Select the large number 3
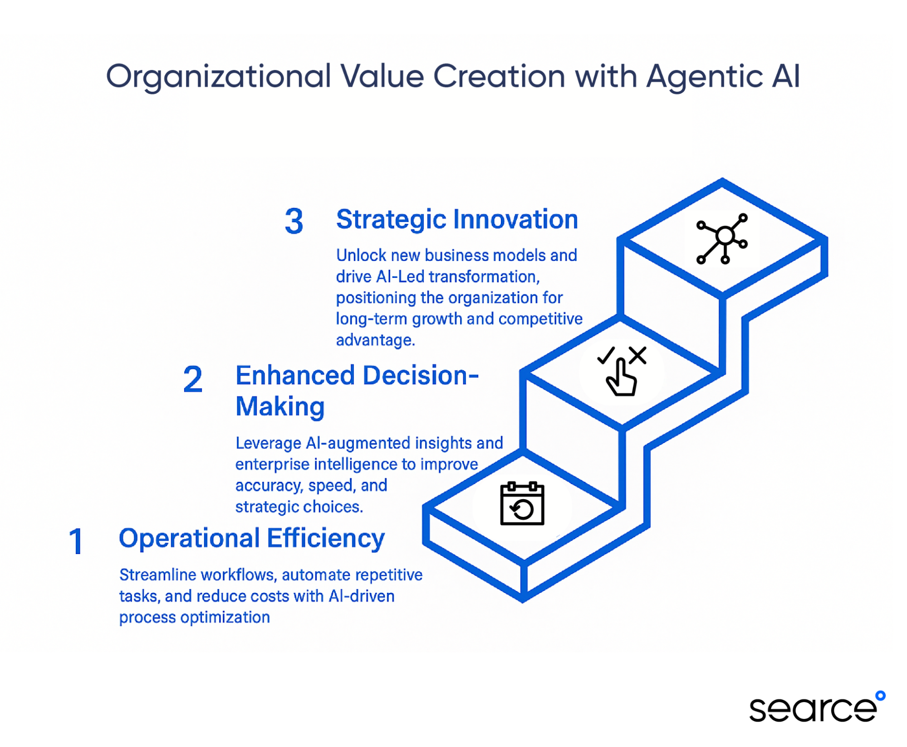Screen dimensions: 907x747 pyautogui.click(x=294, y=221)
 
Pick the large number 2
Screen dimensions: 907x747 pyautogui.click(x=192, y=379)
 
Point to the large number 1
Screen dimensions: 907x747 pyautogui.click(x=76, y=541)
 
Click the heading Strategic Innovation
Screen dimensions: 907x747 pyautogui.click(x=457, y=220)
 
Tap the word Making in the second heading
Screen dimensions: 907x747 pyautogui.click(x=280, y=406)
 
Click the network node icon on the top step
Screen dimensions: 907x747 pyautogui.click(x=721, y=238)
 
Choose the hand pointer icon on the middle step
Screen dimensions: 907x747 pyautogui.click(x=621, y=377)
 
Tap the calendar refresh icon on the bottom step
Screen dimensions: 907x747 pyautogui.click(x=522, y=503)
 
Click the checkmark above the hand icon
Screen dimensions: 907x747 pyautogui.click(x=606, y=355)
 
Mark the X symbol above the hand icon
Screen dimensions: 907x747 pyautogui.click(x=637, y=355)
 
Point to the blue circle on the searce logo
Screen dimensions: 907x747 pyautogui.click(x=880, y=696)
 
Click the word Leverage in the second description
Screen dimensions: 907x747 pyautogui.click(x=268, y=443)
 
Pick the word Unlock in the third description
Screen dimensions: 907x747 pyautogui.click(x=361, y=255)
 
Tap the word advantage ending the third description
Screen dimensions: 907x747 pyautogui.click(x=376, y=340)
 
